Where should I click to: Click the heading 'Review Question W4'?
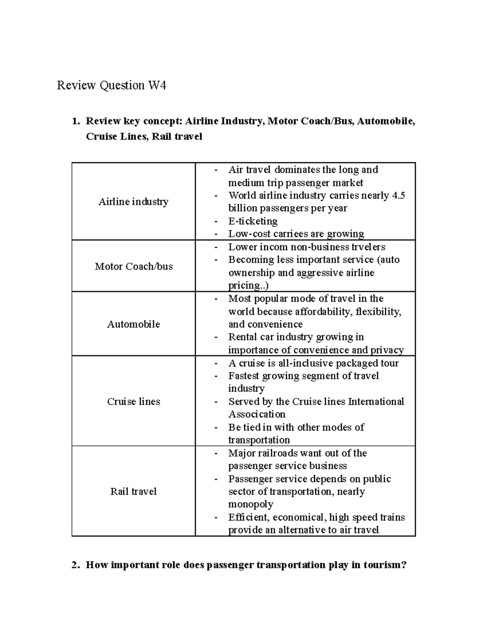111,86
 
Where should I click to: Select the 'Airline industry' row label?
133,202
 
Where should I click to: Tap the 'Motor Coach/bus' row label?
134,266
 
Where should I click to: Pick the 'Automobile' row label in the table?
133,324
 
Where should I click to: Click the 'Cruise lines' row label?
133,402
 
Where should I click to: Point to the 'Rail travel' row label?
133,492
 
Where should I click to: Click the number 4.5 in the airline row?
398,196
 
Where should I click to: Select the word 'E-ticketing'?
253,221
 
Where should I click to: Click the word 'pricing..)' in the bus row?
248,286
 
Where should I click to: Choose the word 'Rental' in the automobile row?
242,337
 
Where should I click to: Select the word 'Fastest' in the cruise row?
243,376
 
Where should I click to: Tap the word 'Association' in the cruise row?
257,414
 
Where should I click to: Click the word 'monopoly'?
250,504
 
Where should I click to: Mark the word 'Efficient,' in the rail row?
249,517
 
